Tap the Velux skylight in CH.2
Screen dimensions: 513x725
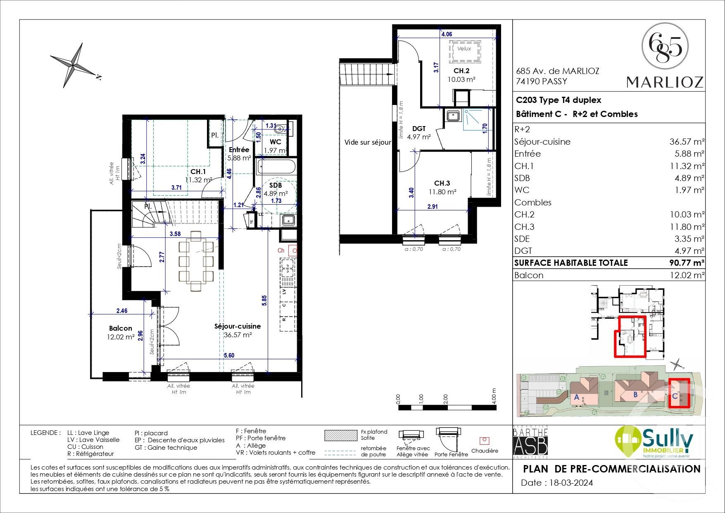pos(464,49)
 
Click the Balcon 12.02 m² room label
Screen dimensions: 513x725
pos(121,332)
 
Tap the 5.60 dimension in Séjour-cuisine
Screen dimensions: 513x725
pos(229,356)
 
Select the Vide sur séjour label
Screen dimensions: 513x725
pos(367,142)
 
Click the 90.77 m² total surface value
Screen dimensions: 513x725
pos(687,262)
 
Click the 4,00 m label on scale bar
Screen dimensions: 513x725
pos(494,396)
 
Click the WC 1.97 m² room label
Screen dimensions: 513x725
pos(275,146)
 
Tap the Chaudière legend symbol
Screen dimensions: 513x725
pos(484,441)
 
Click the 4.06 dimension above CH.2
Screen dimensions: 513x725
pos(447,34)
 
